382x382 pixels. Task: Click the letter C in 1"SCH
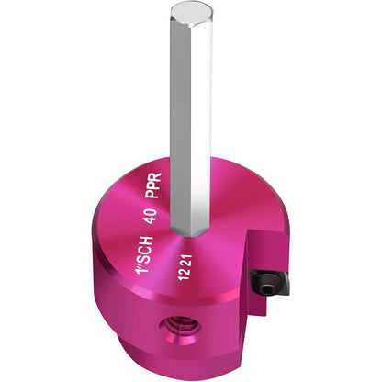coord(144,249)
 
